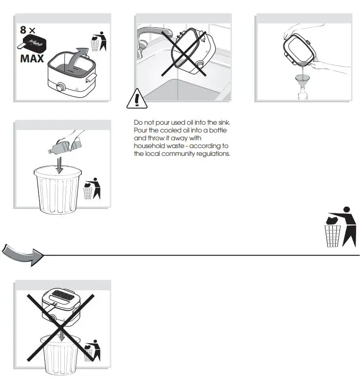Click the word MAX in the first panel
[32, 59]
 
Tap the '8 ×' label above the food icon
[28, 30]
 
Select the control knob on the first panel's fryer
[60, 88]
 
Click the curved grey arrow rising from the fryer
[76, 56]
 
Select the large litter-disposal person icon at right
[341, 227]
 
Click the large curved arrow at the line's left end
[22, 254]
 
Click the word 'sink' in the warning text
[223, 122]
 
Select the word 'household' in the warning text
[149, 146]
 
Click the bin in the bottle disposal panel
[57, 190]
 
